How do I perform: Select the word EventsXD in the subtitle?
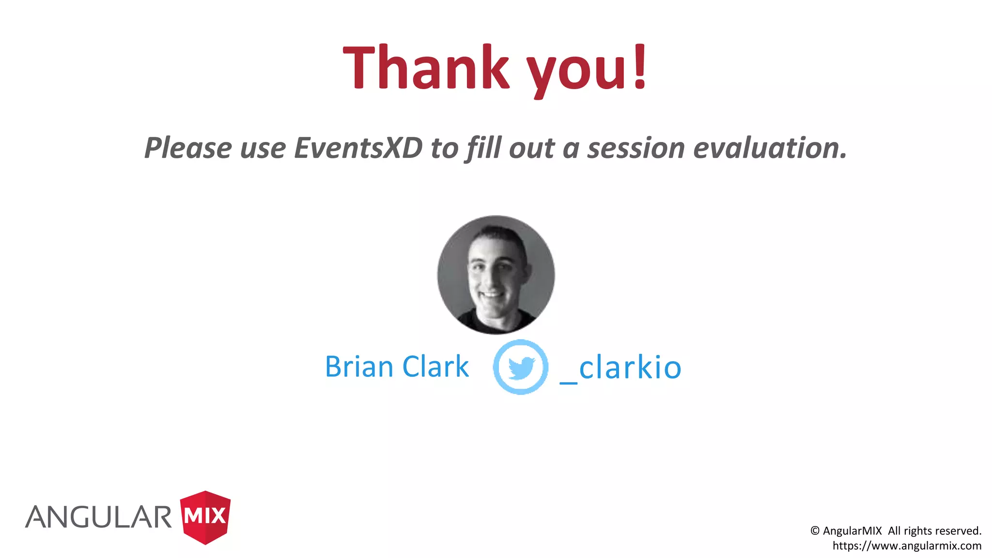[358, 148]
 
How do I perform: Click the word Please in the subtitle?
[188, 148]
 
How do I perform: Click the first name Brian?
[359, 367]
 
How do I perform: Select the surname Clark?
[435, 367]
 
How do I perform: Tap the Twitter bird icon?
[521, 367]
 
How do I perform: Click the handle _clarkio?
[621, 368]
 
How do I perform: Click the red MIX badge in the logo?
[205, 516]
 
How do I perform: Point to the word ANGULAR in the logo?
[99, 517]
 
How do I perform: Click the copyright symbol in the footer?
[815, 531]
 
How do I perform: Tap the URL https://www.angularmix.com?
[907, 546]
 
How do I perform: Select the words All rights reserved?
[934, 531]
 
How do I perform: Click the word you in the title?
[576, 70]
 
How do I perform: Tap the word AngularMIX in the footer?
[852, 531]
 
